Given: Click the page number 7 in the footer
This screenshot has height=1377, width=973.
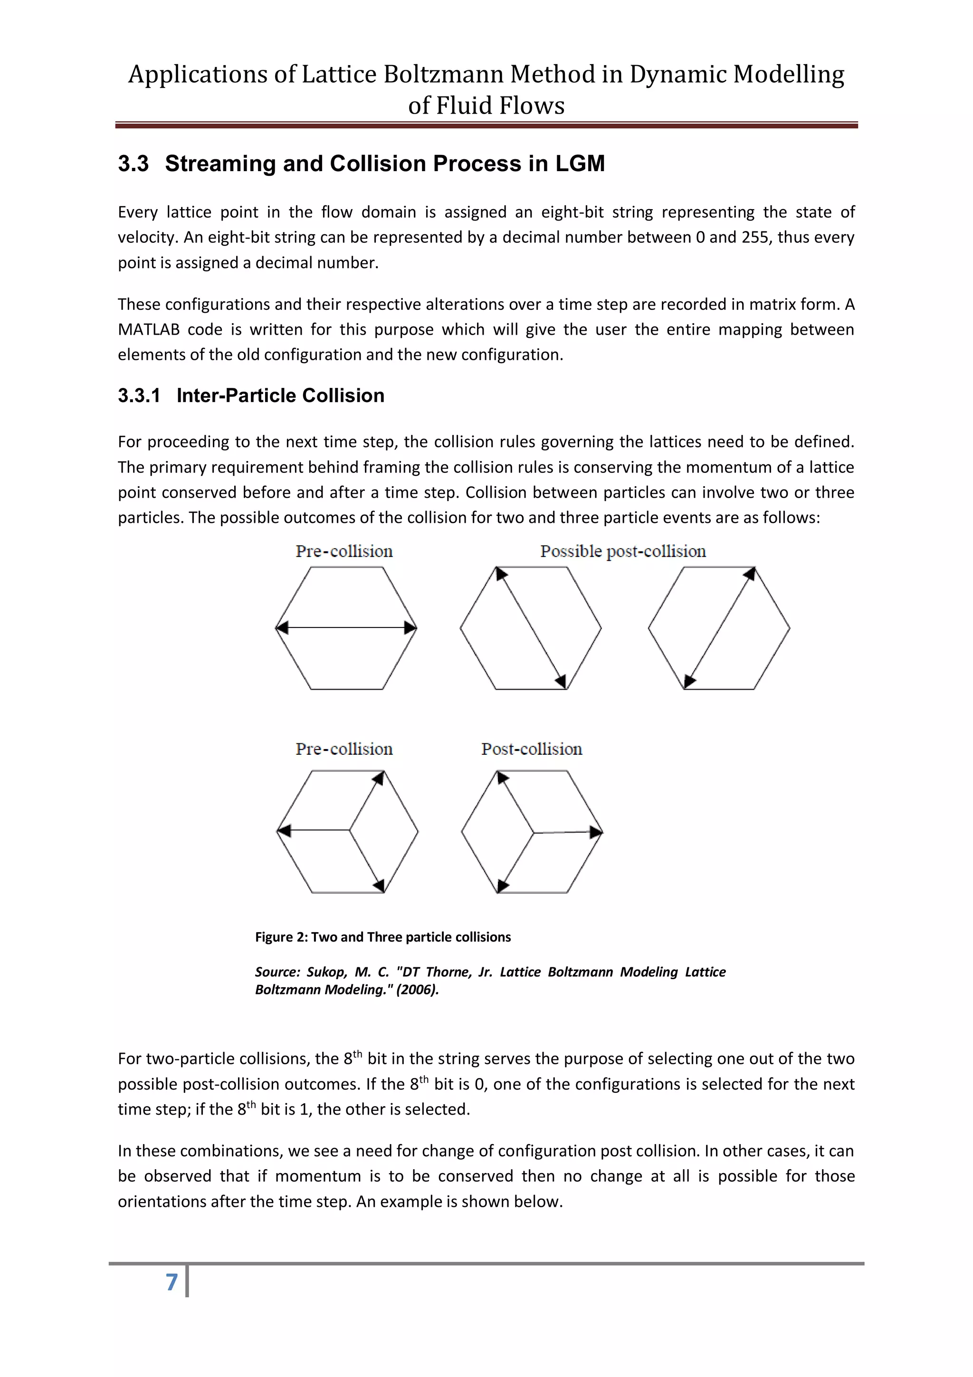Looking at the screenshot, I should click(172, 1281).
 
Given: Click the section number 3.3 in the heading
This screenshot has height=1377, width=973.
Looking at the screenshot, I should click(133, 164).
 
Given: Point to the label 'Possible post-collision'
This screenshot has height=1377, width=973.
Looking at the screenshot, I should click(622, 551).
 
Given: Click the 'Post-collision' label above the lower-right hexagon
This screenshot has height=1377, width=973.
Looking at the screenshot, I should click(531, 749).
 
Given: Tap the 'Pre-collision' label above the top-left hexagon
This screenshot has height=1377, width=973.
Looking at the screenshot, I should click(343, 551).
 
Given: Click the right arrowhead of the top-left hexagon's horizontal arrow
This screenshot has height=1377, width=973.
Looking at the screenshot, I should click(410, 627).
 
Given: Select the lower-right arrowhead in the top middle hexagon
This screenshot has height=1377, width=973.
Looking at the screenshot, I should click(561, 681).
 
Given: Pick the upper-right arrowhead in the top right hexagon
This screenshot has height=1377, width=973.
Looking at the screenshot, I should click(749, 575).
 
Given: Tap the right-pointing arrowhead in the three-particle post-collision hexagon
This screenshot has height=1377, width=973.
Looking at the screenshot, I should click(595, 832).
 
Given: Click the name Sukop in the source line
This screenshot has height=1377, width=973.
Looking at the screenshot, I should click(325, 972).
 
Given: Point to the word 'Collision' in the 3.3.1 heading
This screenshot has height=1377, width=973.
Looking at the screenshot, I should click(343, 396).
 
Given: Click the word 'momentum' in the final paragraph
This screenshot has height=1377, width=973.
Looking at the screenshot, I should click(318, 1176).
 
